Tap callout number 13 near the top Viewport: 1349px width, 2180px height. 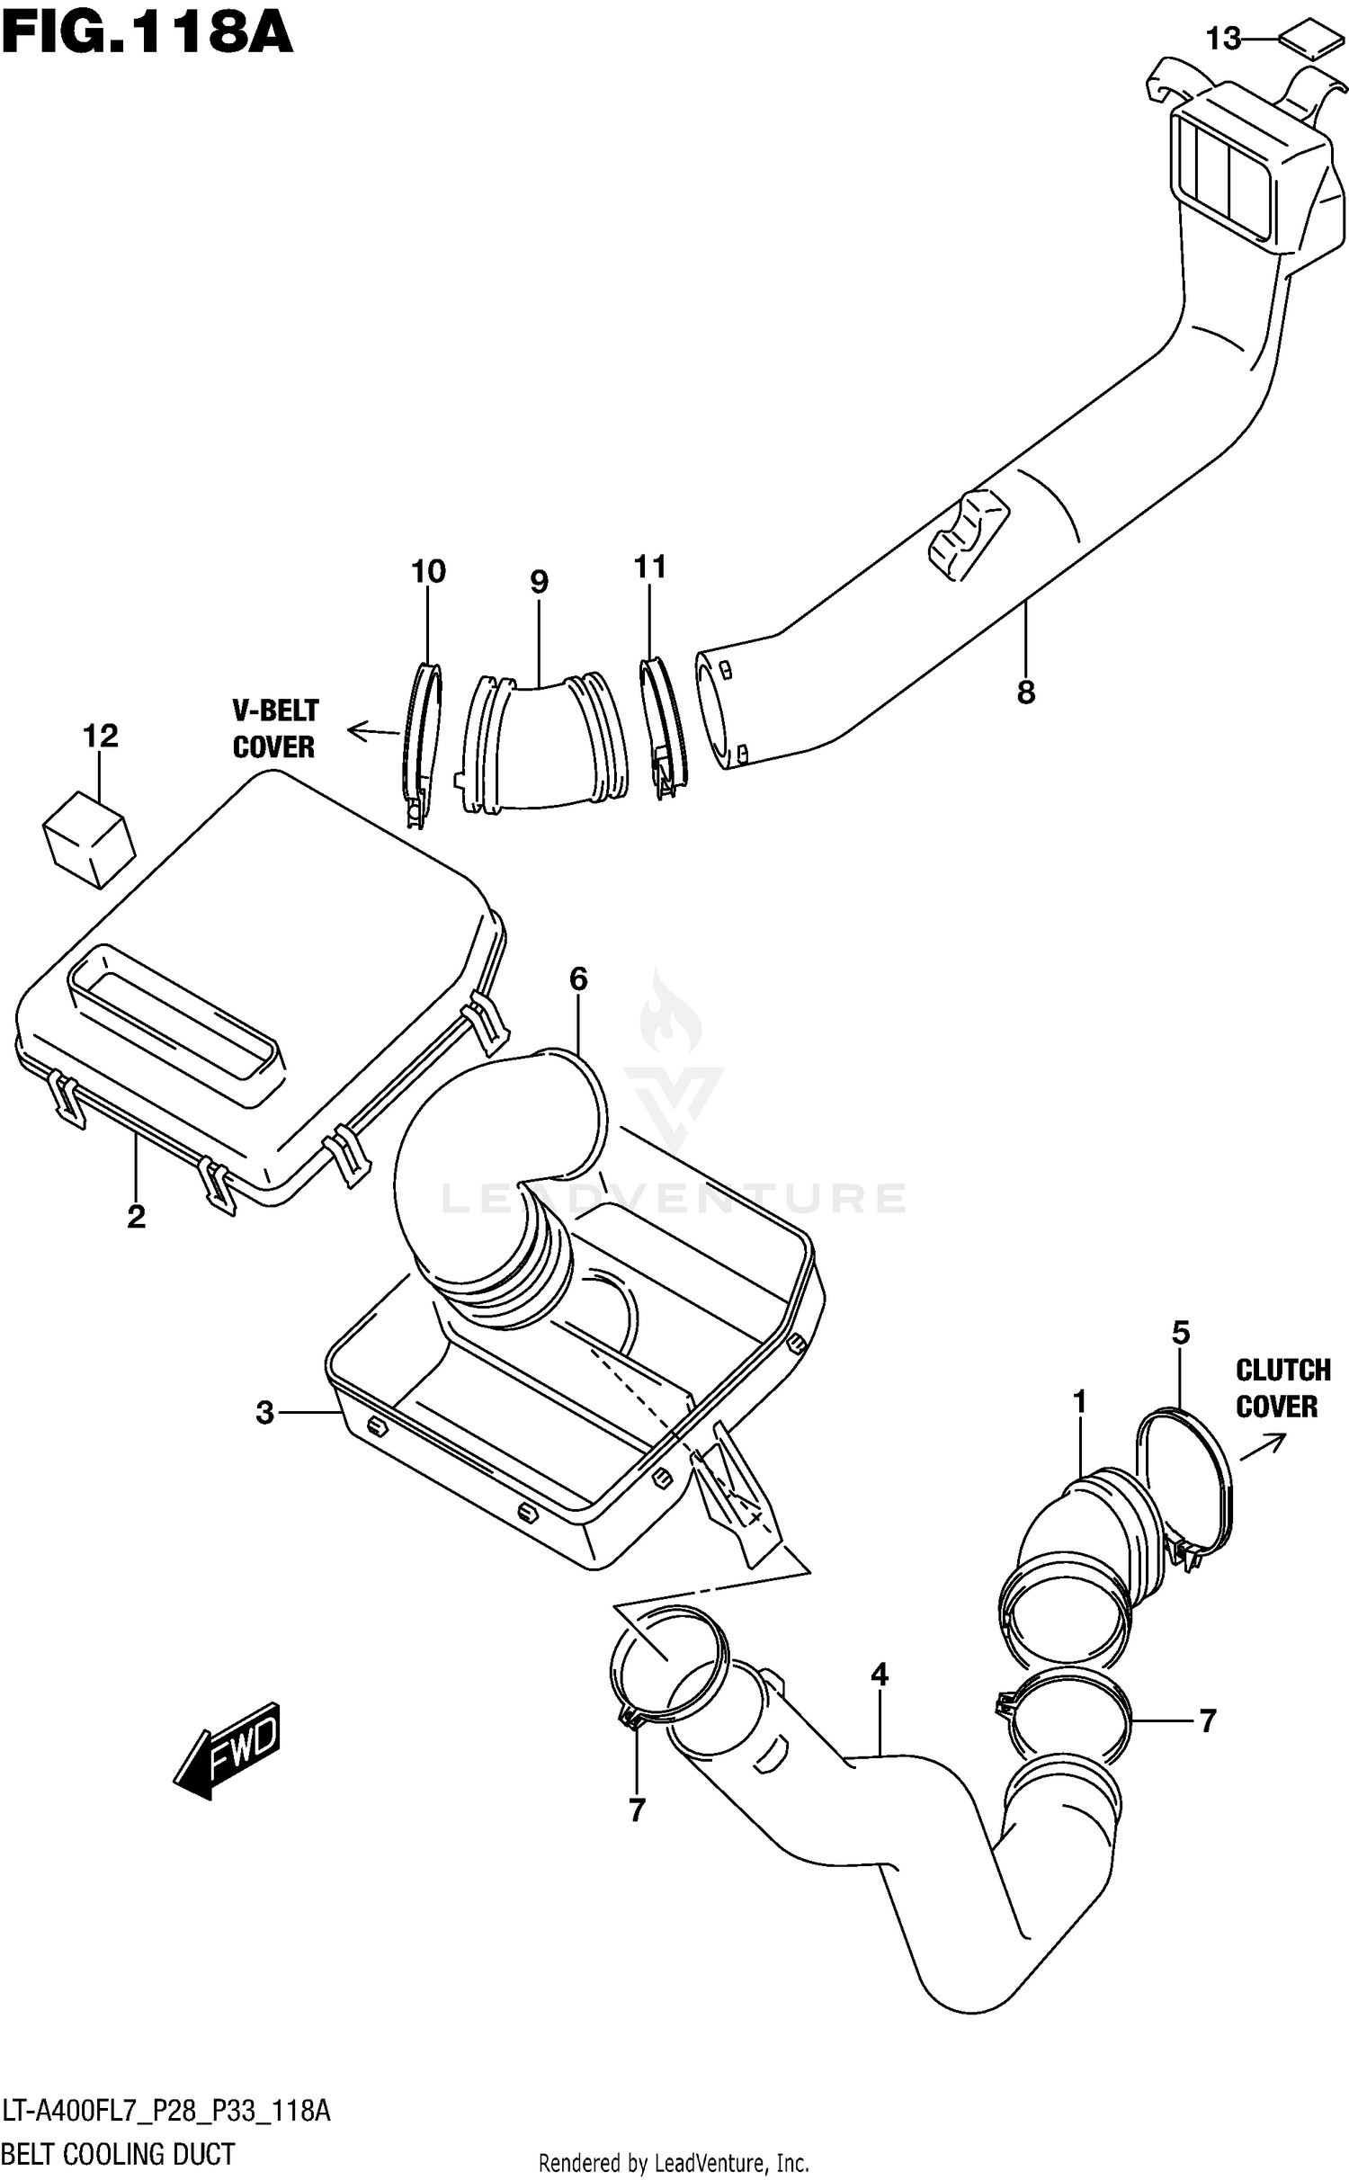coord(1223,39)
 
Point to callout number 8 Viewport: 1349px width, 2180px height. coord(1026,692)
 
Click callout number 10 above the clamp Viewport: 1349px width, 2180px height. coord(428,572)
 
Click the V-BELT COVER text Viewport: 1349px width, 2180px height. coord(274,729)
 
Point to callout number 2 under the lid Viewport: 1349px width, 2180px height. coord(136,1217)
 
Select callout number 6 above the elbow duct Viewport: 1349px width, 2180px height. coord(577,978)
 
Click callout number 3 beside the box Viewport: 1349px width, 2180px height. coord(264,1413)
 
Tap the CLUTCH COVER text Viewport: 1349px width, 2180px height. coord(1282,1389)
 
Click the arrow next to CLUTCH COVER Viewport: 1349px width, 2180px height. coord(1263,1447)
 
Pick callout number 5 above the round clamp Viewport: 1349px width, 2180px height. coord(1181,1332)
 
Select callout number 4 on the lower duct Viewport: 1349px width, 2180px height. coord(880,1675)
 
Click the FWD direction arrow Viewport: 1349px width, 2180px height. coord(229,1748)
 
